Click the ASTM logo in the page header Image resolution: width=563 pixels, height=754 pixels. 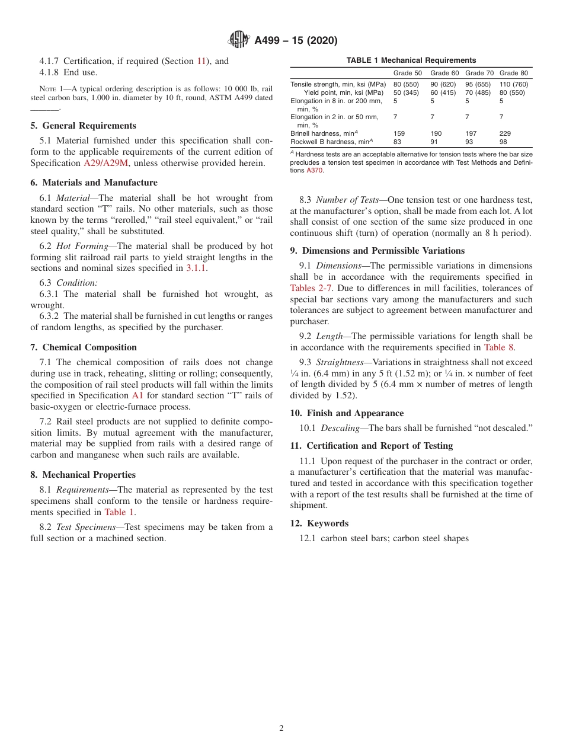click(239, 40)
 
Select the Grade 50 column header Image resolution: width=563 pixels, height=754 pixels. click(408, 73)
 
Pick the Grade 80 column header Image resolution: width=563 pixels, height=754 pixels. click(513, 73)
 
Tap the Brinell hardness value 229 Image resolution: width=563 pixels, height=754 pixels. click(505, 133)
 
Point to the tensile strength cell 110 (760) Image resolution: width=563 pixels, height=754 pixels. click(513, 84)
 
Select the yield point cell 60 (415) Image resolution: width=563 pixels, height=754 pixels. click(443, 92)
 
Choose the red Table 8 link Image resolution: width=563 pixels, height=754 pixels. click(499, 347)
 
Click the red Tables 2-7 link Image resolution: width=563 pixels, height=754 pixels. click(311, 288)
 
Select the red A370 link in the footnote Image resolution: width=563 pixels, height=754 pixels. click(315, 170)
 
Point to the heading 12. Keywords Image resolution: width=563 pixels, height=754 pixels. click(319, 523)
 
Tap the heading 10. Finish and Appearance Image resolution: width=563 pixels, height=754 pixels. click(347, 413)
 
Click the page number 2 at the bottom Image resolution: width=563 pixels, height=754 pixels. click(281, 729)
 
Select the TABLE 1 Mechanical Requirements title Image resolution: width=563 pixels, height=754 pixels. click(411, 60)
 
